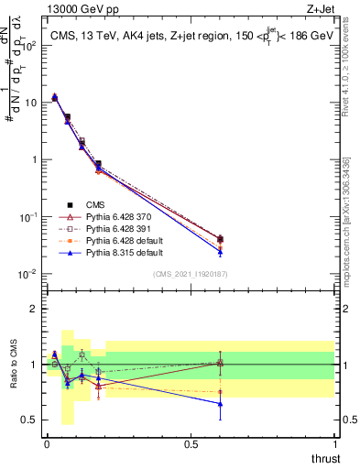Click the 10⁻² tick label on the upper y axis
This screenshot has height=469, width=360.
pos(27,274)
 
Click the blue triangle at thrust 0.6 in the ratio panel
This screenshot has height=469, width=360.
pos(219,403)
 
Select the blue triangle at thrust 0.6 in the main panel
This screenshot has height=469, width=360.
pos(219,252)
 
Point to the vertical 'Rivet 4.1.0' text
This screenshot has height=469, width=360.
pos(351,69)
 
